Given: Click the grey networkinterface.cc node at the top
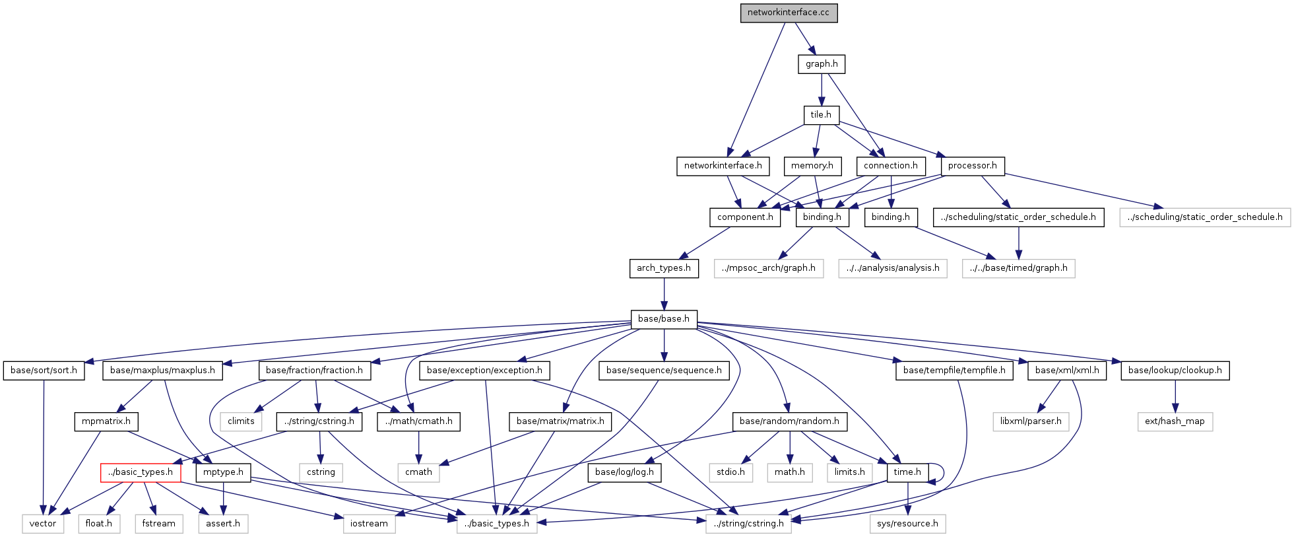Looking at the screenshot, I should tap(789, 13).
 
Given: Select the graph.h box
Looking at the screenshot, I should tap(822, 64).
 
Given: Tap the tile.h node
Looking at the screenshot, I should tap(821, 115).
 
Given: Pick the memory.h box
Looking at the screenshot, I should tap(812, 166).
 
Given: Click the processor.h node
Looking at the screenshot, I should tap(972, 166).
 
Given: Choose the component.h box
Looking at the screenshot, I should tap(745, 217).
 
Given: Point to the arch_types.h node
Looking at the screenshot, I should tap(663, 268).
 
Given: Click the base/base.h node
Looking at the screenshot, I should tap(663, 319).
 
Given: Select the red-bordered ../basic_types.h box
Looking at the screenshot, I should tap(141, 472).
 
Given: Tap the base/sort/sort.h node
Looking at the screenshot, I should tap(44, 371).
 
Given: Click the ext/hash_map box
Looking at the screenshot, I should tap(1175, 421).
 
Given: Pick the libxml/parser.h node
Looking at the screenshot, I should tap(1031, 421).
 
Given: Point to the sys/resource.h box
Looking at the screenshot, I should tap(907, 524).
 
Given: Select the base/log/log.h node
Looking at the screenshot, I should tap(624, 472).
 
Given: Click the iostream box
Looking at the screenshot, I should tap(369, 524).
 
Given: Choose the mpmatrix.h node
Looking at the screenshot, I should tap(106, 421).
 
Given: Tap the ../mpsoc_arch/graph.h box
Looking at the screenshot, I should tap(768, 268).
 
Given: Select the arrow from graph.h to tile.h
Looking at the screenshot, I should tap(822, 89).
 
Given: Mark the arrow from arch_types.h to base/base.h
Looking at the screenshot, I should tap(664, 294).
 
